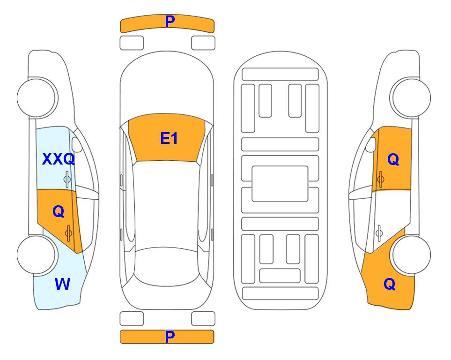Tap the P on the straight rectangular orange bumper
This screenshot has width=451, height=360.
click(170, 337)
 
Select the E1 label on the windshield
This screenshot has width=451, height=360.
click(169, 138)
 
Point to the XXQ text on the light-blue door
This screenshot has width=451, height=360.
click(59, 159)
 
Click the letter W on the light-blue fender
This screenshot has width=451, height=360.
click(62, 284)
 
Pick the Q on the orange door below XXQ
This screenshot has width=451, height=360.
click(59, 212)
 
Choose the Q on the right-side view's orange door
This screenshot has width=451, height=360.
click(393, 159)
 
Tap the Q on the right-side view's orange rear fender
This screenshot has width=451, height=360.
click(390, 284)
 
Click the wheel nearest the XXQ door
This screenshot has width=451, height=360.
click(37, 97)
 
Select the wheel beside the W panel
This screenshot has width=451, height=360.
click(37, 255)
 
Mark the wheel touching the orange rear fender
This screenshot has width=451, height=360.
click(411, 255)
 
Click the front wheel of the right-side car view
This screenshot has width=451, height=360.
click(411, 97)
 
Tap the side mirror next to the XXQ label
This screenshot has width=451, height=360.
click(76, 144)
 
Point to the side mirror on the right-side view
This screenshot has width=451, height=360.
click(370, 144)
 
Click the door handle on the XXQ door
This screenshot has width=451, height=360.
click(67, 179)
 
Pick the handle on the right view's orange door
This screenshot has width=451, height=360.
click(380, 179)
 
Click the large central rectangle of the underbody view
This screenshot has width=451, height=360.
click(280, 184)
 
